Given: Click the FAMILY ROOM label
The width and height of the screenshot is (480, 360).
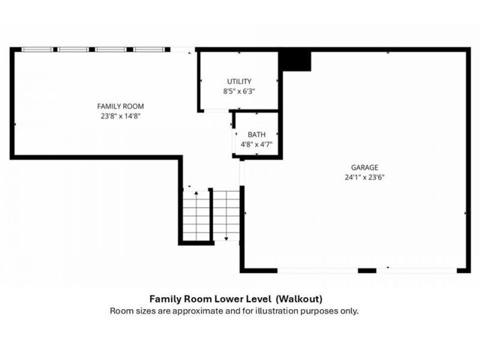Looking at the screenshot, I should click(120, 106).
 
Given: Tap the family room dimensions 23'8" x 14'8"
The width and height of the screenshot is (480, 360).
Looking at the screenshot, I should click(120, 115).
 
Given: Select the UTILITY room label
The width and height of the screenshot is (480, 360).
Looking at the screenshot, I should click(239, 82).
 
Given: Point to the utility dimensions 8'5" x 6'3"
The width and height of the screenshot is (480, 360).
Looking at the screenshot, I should click(239, 91).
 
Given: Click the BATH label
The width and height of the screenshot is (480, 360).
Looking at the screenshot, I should click(256, 134).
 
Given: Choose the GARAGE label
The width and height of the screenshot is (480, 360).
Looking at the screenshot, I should click(364, 167).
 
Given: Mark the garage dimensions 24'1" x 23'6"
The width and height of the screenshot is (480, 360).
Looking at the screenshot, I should click(364, 177).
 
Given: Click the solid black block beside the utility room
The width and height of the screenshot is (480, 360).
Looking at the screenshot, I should click(295, 60).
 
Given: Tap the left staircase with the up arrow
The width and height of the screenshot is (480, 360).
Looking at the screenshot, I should click(196, 214).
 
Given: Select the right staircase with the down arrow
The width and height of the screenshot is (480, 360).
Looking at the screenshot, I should click(226, 214).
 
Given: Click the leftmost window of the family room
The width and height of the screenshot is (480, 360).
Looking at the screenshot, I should click(37, 50).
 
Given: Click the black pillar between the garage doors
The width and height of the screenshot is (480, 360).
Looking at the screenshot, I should click(367, 270).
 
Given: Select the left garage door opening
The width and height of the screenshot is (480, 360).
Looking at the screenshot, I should click(317, 270).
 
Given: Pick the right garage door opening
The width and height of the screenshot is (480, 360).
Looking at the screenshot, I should click(417, 270).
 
